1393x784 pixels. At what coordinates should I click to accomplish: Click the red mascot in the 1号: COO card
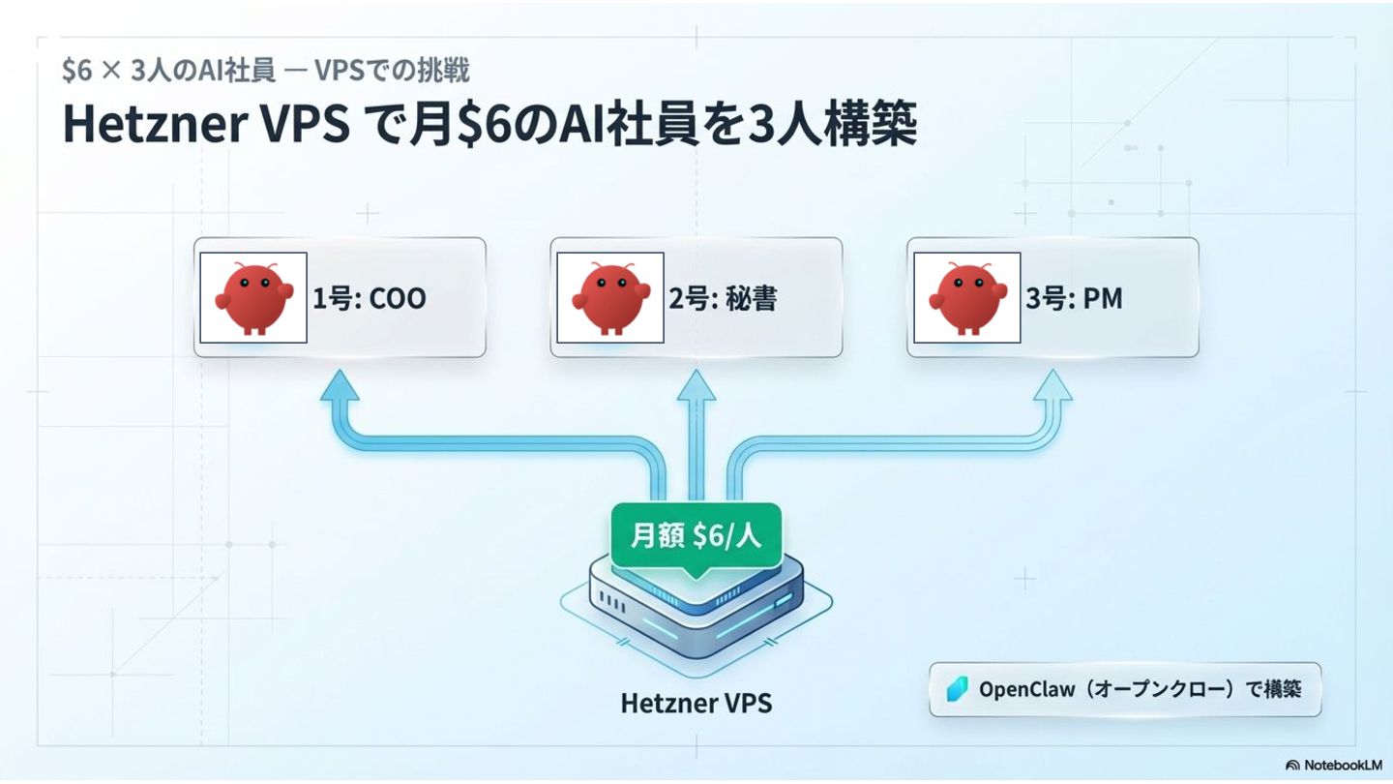(253, 297)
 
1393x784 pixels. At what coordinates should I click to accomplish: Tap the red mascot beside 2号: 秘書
(608, 297)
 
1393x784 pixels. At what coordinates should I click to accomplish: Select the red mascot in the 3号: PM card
(966, 297)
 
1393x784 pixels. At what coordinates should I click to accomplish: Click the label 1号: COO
(369, 298)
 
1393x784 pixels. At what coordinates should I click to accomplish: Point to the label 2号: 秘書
(724, 298)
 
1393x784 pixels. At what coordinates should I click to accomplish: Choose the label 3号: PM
(1074, 298)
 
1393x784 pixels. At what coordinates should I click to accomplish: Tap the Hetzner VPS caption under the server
(696, 703)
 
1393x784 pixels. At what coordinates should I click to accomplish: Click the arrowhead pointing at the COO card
(339, 385)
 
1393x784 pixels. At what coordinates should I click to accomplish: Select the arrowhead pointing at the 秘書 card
(696, 385)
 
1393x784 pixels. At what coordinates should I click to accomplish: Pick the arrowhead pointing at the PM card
(1052, 385)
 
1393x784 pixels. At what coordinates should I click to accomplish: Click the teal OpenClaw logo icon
(958, 689)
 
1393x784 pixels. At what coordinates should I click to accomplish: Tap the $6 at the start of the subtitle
(76, 71)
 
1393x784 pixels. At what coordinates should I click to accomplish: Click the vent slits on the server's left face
(615, 602)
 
